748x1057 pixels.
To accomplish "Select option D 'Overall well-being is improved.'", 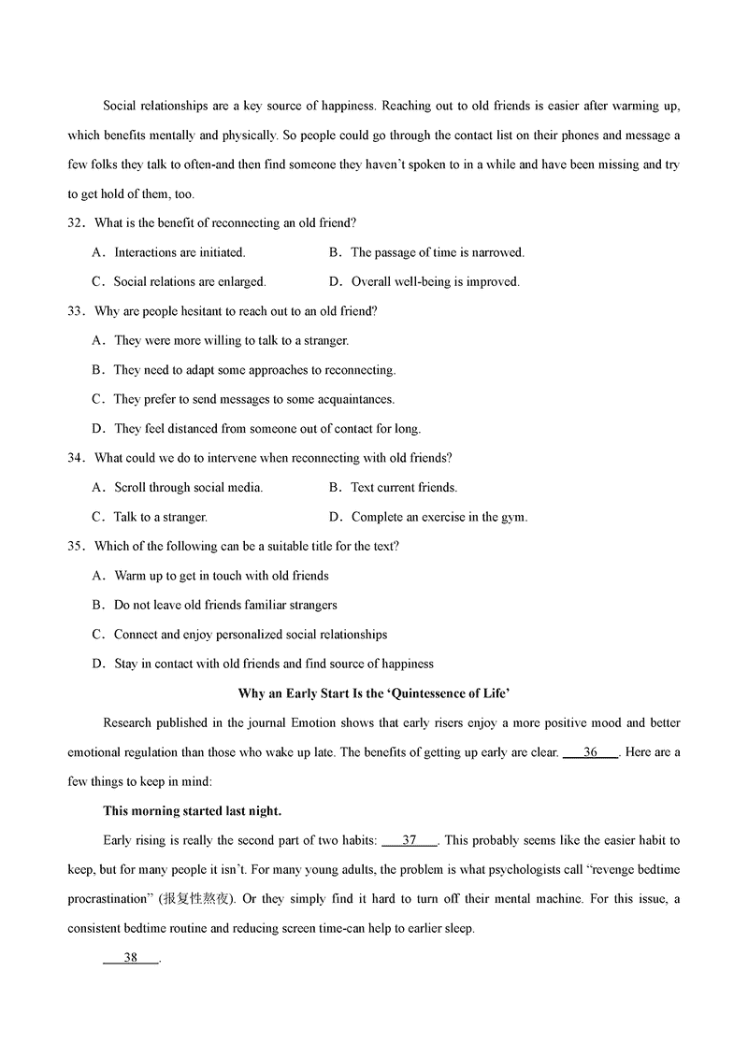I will coord(435,281).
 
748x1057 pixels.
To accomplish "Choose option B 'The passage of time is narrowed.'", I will coord(438,252).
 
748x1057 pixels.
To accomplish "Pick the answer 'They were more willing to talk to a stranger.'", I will coord(231,341).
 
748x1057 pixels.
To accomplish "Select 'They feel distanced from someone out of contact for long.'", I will coord(267,429).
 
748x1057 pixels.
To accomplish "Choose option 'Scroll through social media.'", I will coord(188,487).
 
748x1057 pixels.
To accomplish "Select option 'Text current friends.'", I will coord(404,487).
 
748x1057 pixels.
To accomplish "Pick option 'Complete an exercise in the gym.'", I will coord(439,517).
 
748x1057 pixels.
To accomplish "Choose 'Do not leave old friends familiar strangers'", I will coord(225,605).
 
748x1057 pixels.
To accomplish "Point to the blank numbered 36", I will coord(590,752).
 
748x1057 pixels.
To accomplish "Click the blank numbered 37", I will coord(410,841).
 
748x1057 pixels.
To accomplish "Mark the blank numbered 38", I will coord(131,958).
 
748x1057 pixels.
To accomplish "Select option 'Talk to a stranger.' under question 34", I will coord(160,517).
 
